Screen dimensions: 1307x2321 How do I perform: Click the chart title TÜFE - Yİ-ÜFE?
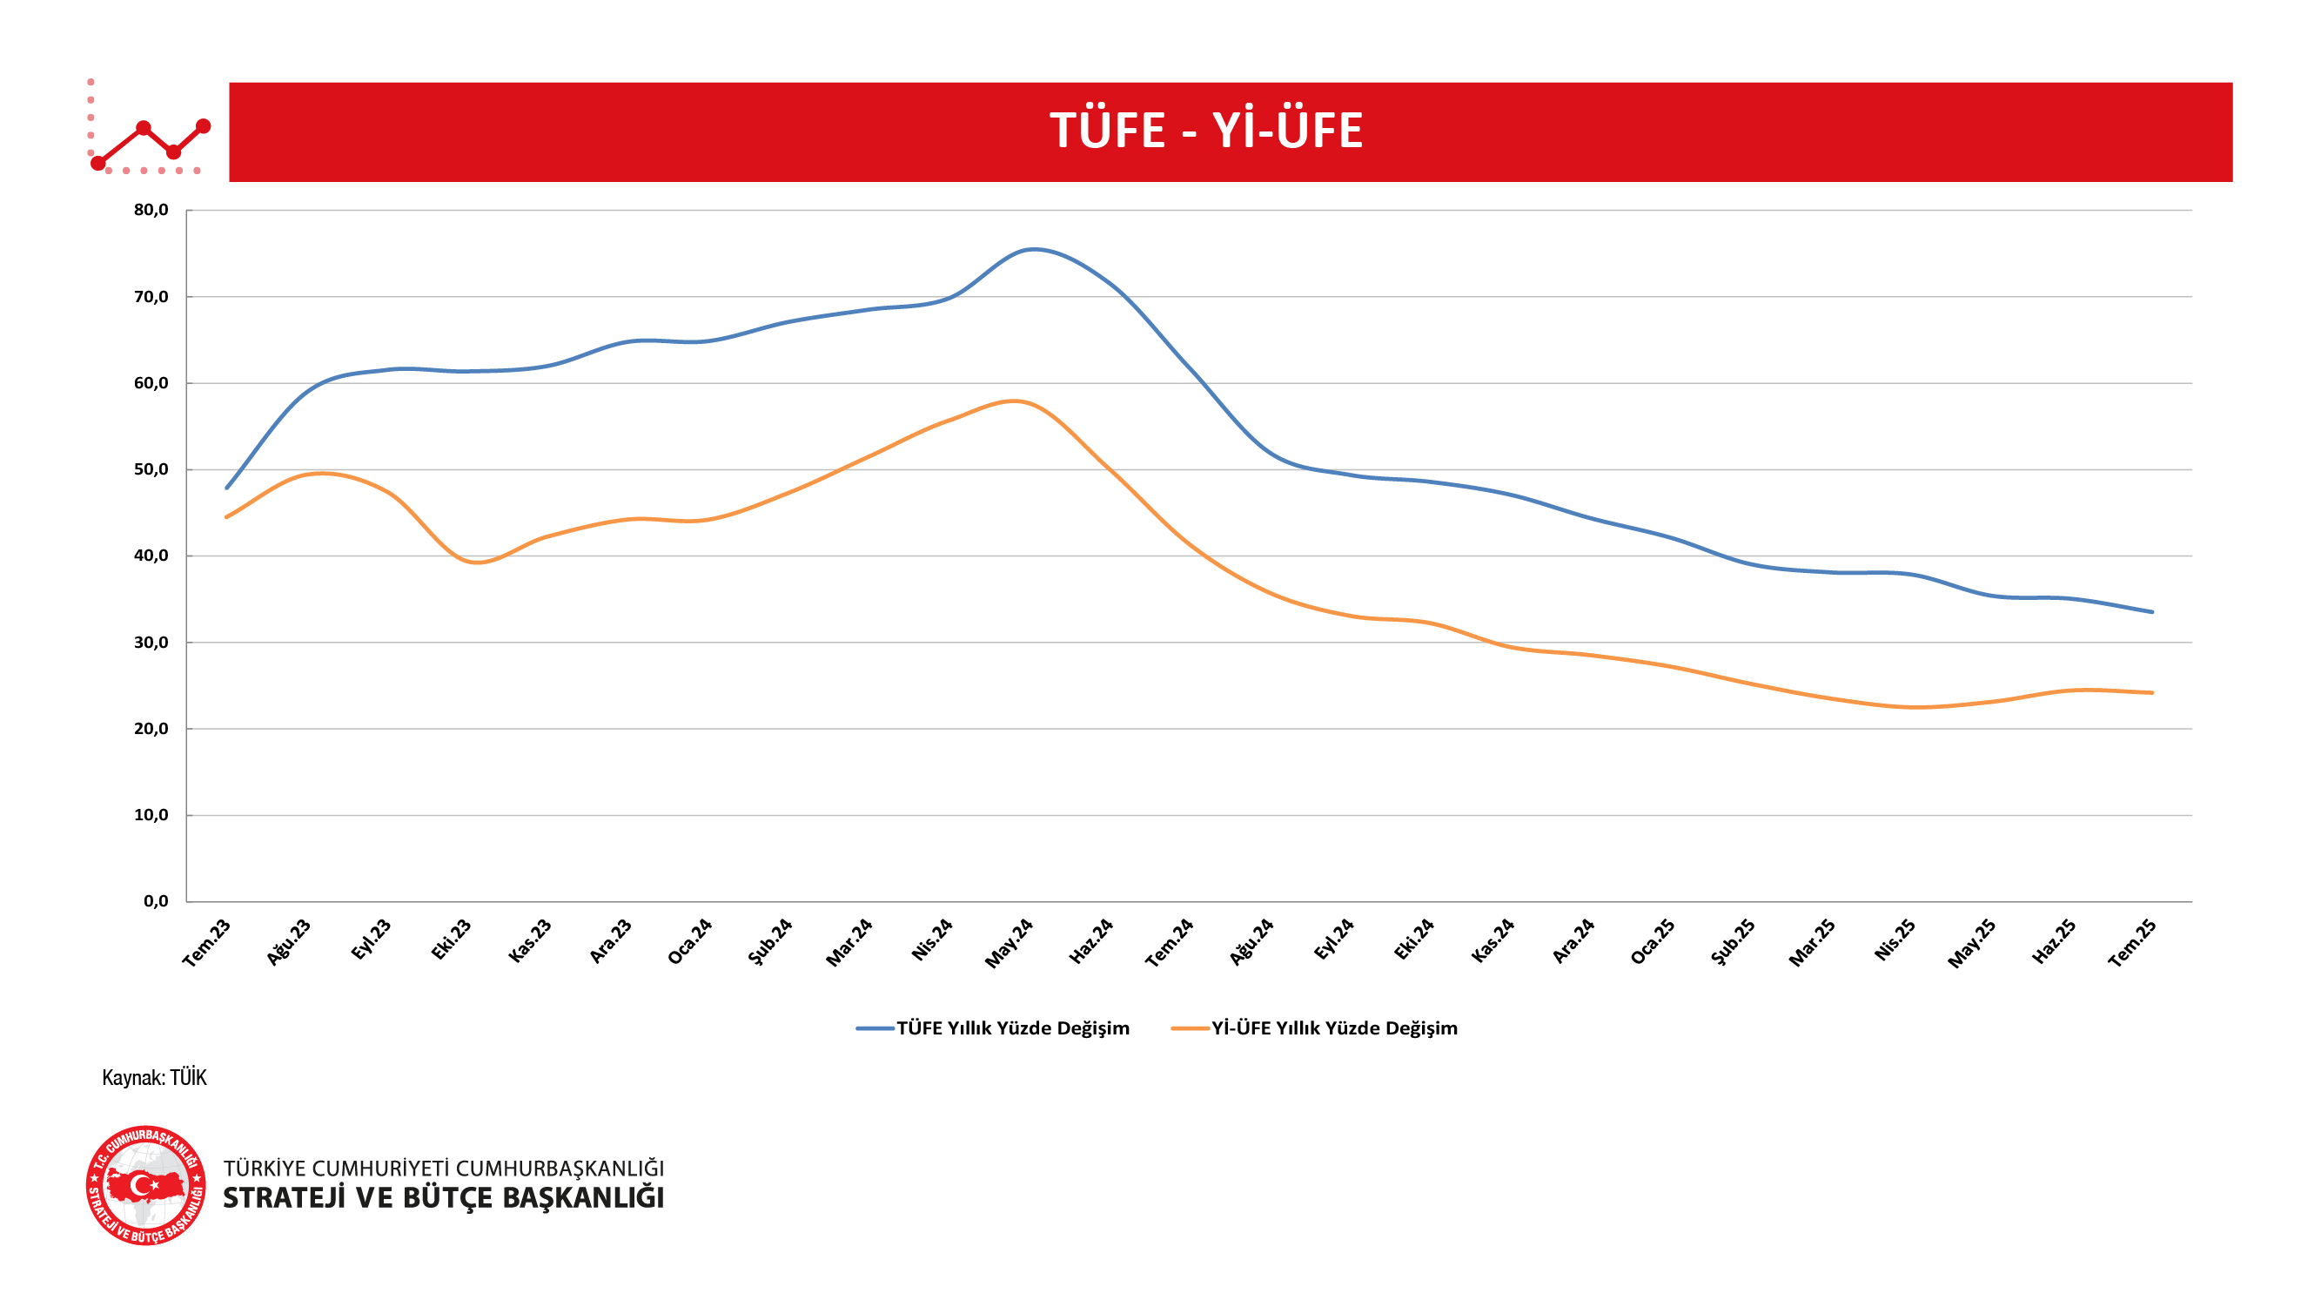(1205, 131)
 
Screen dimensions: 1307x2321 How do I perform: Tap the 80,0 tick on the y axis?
(151, 210)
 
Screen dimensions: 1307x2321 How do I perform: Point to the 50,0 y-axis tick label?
(151, 469)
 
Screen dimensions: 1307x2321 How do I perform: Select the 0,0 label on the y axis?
(155, 901)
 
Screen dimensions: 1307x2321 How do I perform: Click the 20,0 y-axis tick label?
(151, 728)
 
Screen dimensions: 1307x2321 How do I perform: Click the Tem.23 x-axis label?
(207, 943)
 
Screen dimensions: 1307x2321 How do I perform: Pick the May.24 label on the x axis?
(1010, 943)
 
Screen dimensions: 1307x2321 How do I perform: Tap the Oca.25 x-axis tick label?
(1653, 942)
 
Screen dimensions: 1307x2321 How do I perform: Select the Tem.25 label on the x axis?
(2132, 943)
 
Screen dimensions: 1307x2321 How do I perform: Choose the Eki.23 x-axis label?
(451, 940)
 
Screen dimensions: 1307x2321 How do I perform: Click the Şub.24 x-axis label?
(770, 941)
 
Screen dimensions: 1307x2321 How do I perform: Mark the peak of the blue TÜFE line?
(1034, 249)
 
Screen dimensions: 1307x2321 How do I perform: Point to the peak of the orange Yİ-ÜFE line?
(1015, 401)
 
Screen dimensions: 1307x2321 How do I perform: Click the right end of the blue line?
(2151, 612)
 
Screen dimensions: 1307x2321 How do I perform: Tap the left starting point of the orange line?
(226, 517)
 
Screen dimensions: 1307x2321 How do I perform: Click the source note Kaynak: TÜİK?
(154, 1078)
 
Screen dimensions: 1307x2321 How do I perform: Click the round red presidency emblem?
(146, 1185)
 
